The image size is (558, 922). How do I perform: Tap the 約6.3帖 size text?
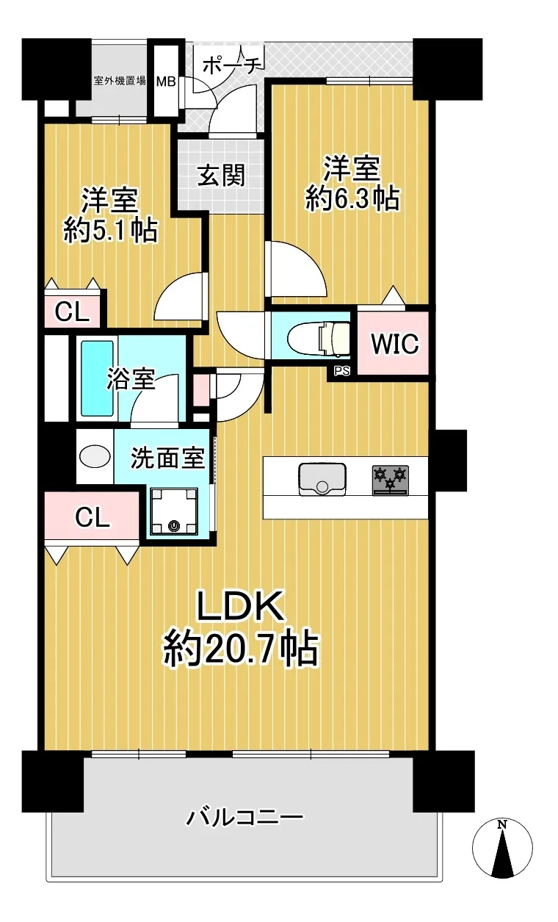[352, 199]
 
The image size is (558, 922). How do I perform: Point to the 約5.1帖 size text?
[110, 231]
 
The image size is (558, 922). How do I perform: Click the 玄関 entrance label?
[221, 176]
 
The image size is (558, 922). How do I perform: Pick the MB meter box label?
[166, 82]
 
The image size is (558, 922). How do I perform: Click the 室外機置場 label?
[120, 80]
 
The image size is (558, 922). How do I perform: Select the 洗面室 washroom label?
[167, 458]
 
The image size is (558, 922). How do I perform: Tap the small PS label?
[341, 371]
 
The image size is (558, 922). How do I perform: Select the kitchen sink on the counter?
[322, 479]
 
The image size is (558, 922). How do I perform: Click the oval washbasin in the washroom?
[95, 456]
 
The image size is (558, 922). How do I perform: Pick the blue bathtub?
[97, 379]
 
